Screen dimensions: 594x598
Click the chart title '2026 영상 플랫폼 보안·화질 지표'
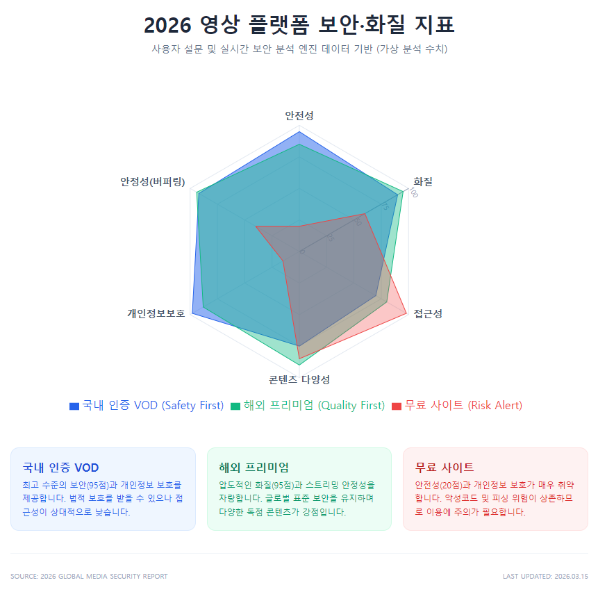pos(299,25)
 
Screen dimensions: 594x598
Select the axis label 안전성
pos(299,116)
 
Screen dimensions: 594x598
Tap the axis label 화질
pos(423,182)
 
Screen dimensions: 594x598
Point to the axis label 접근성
pos(428,313)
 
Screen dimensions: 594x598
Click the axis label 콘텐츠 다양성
pos(299,379)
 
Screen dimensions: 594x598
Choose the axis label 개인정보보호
pos(156,313)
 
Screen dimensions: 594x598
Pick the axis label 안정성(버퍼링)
pos(153,182)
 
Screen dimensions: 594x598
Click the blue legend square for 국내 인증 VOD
pos(74,406)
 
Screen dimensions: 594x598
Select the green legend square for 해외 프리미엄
pos(235,406)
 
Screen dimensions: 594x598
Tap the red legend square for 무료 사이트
pos(397,406)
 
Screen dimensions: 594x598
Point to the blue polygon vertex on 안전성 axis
pos(299,132)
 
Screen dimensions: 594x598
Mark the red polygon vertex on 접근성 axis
pos(406,313)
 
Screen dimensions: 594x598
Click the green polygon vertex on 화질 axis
pos(403,191)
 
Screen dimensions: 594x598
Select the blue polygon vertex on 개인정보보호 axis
pos(192,313)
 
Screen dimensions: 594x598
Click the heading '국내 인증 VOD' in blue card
pos(61,468)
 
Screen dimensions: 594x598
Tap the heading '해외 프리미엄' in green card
pos(254,468)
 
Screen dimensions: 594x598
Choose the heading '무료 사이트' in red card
pos(445,468)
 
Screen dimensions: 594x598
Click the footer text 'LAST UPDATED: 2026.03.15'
pos(545,576)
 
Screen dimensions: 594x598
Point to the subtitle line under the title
pos(299,49)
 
